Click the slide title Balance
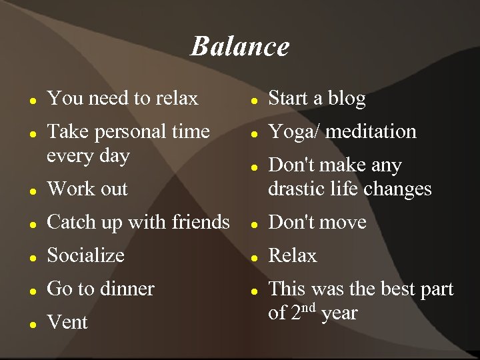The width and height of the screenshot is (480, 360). coord(240,47)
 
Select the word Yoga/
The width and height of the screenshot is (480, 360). coord(293,132)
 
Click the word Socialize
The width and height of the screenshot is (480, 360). coord(85,255)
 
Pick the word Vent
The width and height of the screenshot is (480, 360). coord(67,323)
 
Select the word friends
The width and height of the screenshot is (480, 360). coord(201,222)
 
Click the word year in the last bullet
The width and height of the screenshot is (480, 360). coord(339,313)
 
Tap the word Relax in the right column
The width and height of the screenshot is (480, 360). coord(292,255)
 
